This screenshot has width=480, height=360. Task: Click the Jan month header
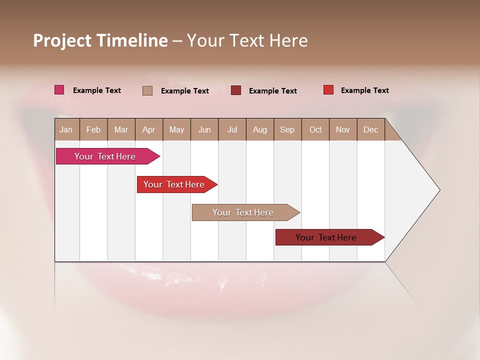[x=66, y=129]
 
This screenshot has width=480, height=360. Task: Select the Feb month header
[x=93, y=129]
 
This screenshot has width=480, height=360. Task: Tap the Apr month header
[x=148, y=129]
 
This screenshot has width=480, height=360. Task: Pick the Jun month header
[x=204, y=129]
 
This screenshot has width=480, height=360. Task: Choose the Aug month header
[x=259, y=129]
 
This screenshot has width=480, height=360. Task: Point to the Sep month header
[x=287, y=129]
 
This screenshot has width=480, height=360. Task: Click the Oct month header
[x=315, y=129]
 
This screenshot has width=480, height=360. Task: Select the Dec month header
[x=370, y=129]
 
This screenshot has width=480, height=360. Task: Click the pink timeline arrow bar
[x=105, y=156]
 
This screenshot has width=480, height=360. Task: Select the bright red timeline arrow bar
[x=174, y=184]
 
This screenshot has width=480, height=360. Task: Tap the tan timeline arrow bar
[x=243, y=212]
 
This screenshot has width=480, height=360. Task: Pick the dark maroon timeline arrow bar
[x=326, y=237]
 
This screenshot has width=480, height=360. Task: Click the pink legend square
[x=59, y=90]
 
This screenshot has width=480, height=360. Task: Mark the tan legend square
[x=147, y=90]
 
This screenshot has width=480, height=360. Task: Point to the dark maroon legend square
[x=236, y=90]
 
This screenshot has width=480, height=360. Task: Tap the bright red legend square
[x=328, y=90]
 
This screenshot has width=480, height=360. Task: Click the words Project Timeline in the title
[x=100, y=40]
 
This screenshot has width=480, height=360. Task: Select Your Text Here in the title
[x=247, y=40]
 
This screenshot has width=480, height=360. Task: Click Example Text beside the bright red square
[x=364, y=90]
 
